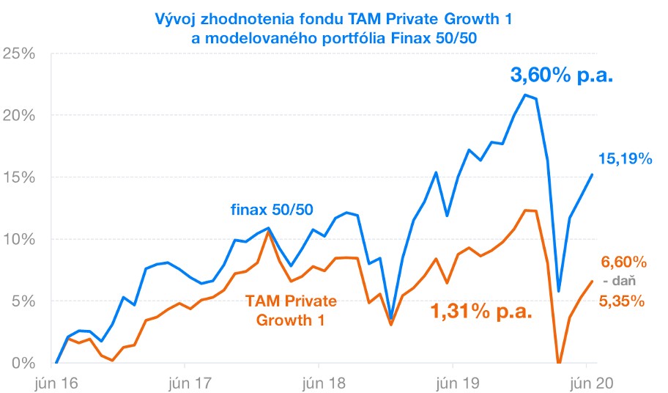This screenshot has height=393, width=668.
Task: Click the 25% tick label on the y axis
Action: [19, 54]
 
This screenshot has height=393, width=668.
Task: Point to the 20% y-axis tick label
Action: [19, 115]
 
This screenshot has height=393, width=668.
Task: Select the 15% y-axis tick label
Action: [19, 177]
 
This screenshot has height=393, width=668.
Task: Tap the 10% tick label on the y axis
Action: [19, 239]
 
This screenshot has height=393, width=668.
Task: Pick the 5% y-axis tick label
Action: [23, 301]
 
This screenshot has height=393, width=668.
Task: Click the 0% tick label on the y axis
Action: [23, 362]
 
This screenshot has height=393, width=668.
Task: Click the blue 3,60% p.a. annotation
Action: [561, 75]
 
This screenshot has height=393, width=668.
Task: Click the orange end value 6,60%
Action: [624, 262]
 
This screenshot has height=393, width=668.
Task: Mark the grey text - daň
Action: [618, 281]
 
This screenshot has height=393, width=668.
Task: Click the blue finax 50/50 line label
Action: [272, 210]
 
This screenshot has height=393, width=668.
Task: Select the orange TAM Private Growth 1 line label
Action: [291, 310]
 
